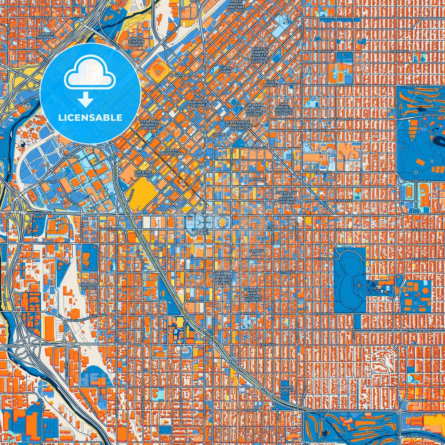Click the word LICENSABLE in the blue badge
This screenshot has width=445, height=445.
[x=90, y=118]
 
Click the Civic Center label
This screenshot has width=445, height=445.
[x=203, y=232]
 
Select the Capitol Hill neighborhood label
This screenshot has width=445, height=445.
[x=256, y=253]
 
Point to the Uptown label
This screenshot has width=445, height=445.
[x=256, y=179]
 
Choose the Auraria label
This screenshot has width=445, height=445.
[x=71, y=157]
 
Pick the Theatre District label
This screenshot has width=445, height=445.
[x=143, y=174]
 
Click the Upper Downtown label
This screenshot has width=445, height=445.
[x=171, y=152]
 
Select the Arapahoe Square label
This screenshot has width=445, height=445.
[x=198, y=103]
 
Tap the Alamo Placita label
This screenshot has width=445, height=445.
[x=287, y=389]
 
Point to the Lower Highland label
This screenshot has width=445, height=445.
[x=47, y=35]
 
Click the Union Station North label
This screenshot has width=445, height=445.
[x=136, y=42]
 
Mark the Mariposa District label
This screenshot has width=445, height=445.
[x=89, y=286]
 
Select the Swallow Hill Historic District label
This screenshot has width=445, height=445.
[x=287, y=197]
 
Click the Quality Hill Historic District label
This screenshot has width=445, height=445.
[x=253, y=295]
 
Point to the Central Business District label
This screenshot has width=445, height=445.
[x=149, y=124]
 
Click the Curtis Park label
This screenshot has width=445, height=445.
[x=225, y=70]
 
